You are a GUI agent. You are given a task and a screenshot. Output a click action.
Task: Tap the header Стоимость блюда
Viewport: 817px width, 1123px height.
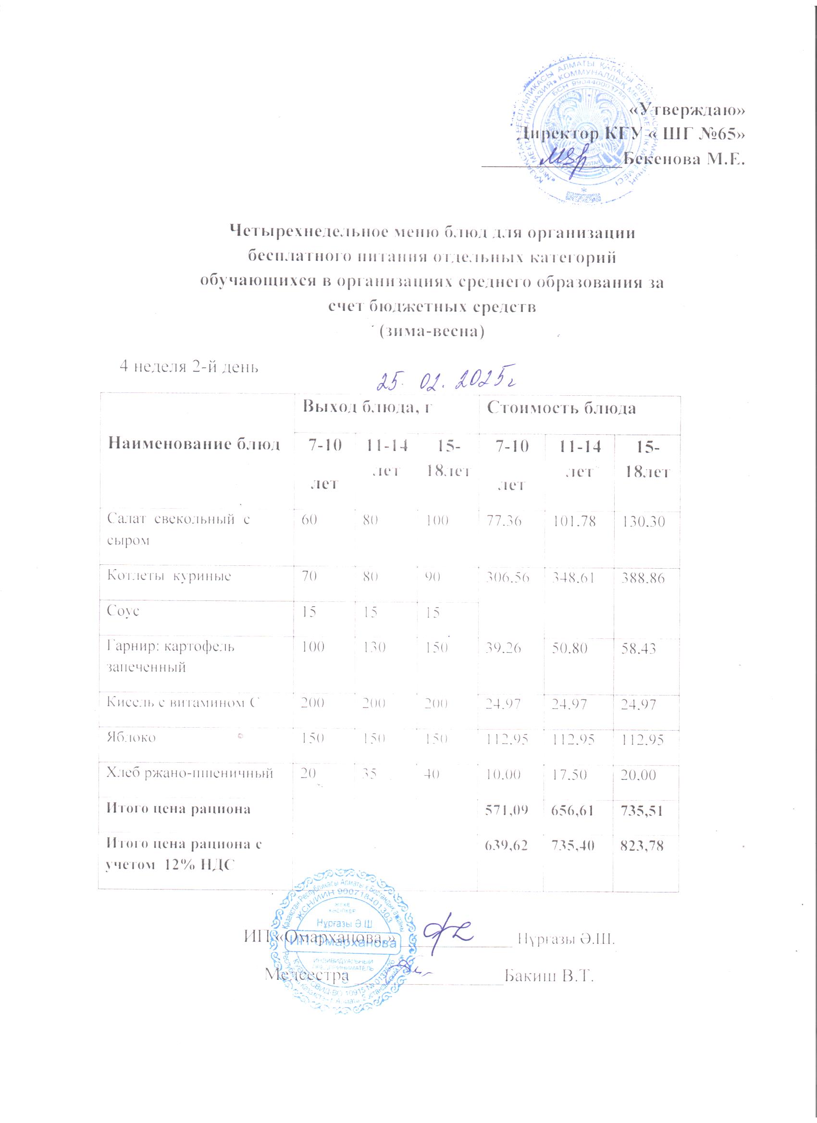tap(561, 408)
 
